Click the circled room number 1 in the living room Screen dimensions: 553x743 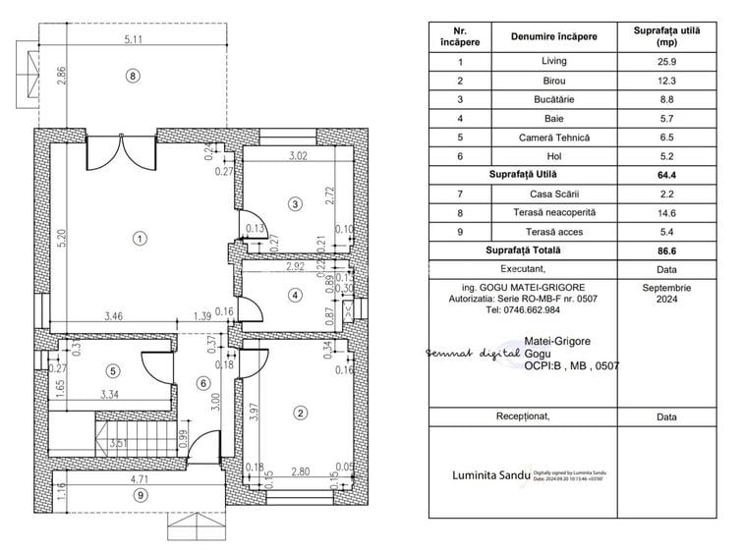pyautogui.click(x=141, y=238)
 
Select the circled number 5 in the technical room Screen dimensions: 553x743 pyautogui.click(x=113, y=370)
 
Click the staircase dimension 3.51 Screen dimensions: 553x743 pyautogui.click(x=119, y=443)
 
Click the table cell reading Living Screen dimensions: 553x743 pyautogui.click(x=553, y=61)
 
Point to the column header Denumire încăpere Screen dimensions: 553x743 pyautogui.click(x=553, y=36)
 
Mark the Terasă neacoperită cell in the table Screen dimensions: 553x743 pyautogui.click(x=553, y=213)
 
